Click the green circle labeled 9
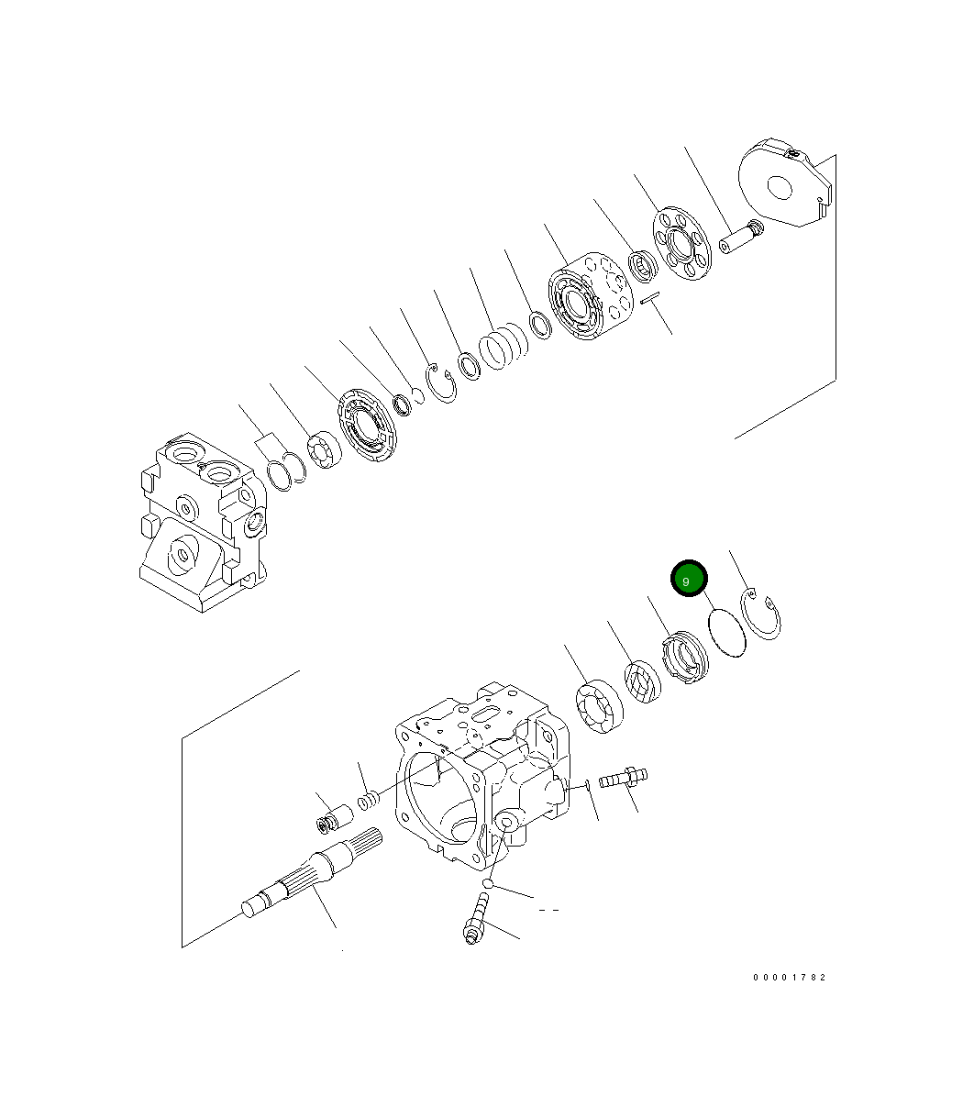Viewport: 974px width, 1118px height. point(689,579)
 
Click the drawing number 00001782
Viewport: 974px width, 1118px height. point(789,978)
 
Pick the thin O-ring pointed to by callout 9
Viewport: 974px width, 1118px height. point(727,633)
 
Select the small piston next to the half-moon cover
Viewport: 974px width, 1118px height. point(739,240)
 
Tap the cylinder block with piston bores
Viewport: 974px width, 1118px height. point(590,298)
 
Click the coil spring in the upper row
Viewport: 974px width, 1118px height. point(503,349)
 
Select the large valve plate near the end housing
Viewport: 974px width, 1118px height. point(367,427)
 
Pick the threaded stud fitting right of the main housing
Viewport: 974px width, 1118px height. point(624,779)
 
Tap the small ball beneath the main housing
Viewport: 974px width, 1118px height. point(491,884)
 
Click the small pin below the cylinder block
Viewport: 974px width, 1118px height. point(650,298)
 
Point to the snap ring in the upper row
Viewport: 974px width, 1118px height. point(444,382)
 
